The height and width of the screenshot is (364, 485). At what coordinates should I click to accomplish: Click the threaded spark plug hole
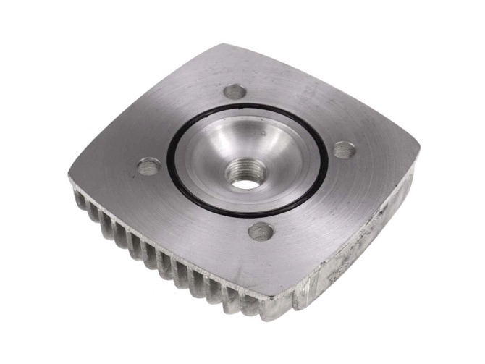(x=246, y=174)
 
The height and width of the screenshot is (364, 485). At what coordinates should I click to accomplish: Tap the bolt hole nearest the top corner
(x=235, y=92)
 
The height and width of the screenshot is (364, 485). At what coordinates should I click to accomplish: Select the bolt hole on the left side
(x=149, y=167)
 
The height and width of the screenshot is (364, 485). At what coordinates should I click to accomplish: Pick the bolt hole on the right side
(x=344, y=151)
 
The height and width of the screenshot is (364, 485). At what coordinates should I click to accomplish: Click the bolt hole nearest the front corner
(x=261, y=232)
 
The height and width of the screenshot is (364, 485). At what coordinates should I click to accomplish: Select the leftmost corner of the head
(x=70, y=178)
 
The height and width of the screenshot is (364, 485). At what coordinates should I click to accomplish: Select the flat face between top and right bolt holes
(x=297, y=109)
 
